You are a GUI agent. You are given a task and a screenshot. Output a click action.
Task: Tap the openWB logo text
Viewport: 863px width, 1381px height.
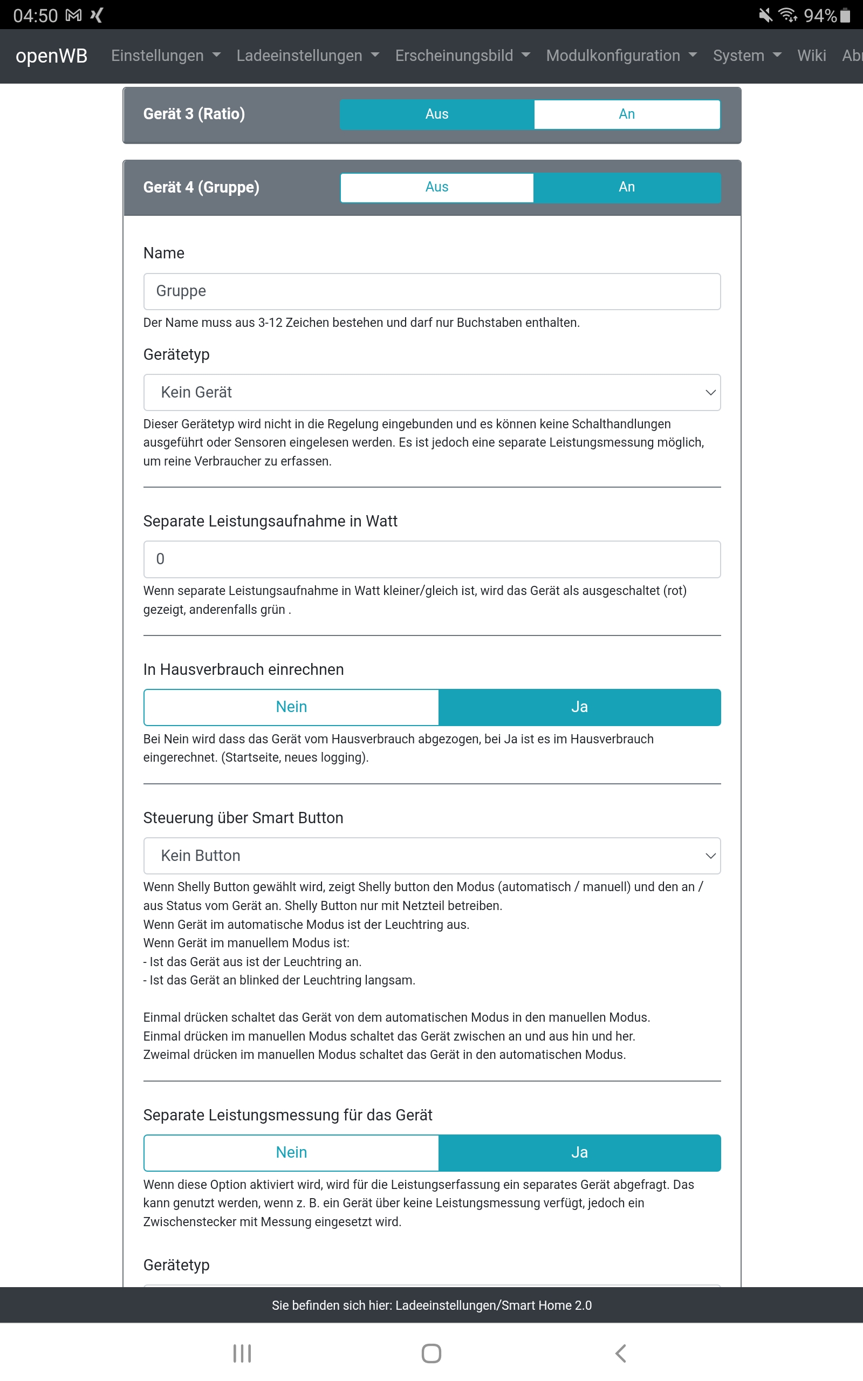click(51, 56)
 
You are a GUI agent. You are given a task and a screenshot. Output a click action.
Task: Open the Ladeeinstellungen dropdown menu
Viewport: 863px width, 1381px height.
click(307, 56)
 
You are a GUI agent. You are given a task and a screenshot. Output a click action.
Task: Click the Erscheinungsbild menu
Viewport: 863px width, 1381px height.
click(462, 56)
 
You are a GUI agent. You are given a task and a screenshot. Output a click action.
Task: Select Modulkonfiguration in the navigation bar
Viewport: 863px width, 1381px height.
click(621, 56)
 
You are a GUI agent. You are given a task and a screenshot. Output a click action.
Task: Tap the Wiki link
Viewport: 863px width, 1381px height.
click(811, 56)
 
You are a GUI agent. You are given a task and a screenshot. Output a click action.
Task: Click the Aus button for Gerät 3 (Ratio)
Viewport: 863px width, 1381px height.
click(437, 114)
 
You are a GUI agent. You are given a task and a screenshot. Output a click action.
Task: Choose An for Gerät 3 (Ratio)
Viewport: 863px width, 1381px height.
click(627, 114)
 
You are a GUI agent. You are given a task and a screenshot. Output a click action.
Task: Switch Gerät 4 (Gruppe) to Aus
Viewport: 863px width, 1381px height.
click(437, 187)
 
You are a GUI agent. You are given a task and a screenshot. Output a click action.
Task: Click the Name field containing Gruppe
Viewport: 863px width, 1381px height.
click(432, 291)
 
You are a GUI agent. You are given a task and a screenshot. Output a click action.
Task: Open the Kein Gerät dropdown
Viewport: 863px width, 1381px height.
click(432, 392)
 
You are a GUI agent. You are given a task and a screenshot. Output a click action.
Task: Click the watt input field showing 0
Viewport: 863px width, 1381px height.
click(432, 559)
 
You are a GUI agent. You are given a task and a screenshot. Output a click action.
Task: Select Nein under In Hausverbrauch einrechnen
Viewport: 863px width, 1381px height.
click(291, 707)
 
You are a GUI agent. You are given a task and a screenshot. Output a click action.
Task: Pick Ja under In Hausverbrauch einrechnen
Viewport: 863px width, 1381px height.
click(579, 707)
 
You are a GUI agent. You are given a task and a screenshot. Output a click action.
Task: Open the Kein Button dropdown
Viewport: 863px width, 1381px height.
click(432, 856)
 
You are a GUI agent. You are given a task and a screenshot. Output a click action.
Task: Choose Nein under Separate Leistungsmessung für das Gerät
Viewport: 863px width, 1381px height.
click(291, 1152)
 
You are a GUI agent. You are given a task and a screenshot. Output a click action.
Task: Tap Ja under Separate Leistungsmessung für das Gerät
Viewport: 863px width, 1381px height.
click(579, 1152)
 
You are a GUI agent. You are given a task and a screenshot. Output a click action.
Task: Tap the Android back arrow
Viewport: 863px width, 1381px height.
click(620, 1353)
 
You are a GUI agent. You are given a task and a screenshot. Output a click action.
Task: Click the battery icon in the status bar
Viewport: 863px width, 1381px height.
click(845, 16)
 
